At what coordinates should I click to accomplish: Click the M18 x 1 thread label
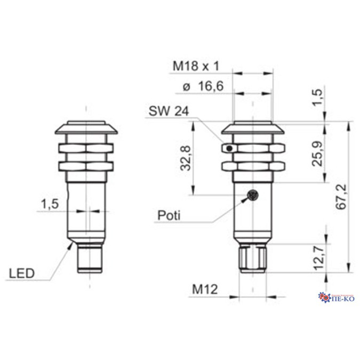point(196,67)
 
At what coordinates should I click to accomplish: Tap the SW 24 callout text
point(166,113)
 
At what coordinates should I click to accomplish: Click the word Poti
point(169,215)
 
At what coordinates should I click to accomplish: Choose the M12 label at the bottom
point(203,290)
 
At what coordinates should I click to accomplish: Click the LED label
point(22,274)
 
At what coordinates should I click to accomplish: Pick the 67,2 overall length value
point(342,197)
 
